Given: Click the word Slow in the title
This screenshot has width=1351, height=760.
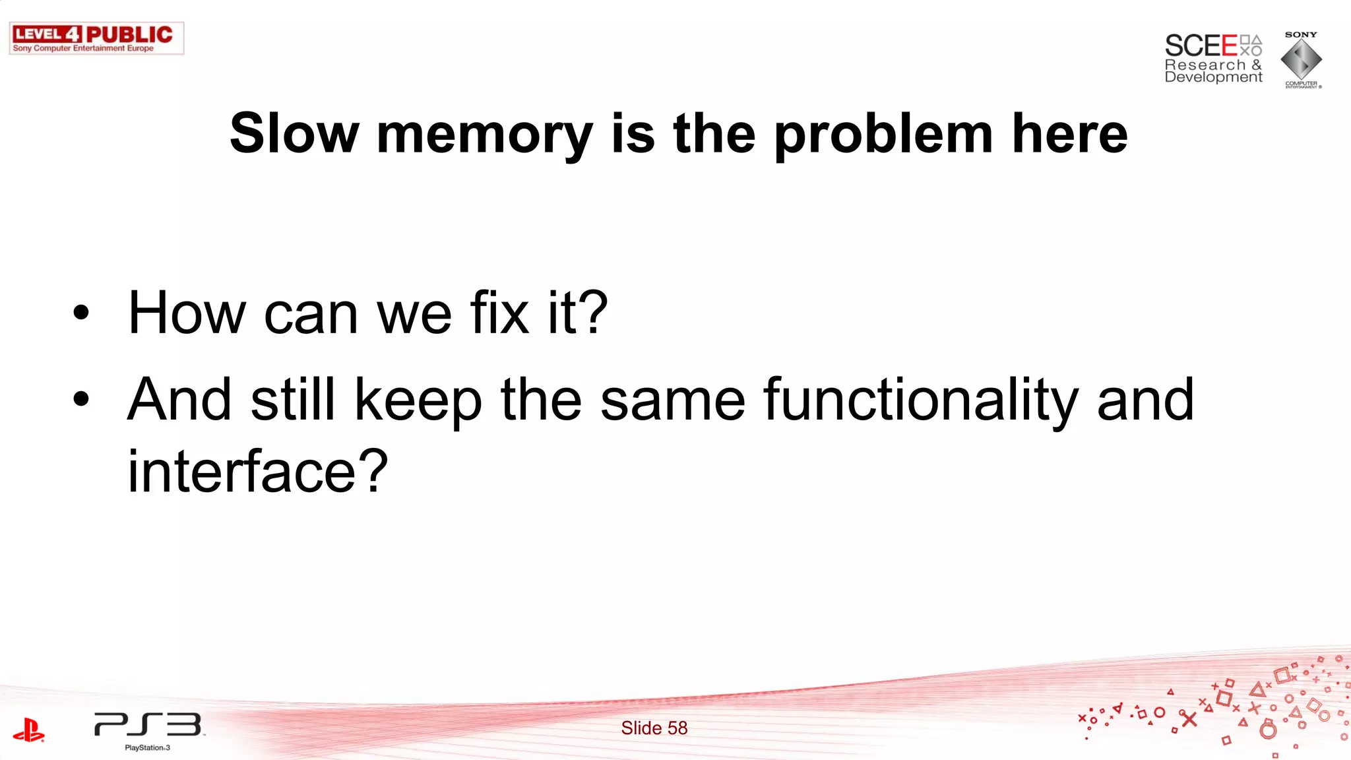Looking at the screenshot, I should point(294,134).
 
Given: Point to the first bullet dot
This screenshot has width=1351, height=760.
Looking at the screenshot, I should point(81,313).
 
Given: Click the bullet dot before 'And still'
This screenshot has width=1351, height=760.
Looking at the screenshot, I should point(81,398).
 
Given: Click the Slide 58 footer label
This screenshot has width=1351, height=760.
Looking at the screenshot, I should point(654,728).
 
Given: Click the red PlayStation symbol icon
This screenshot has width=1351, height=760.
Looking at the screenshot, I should point(28,730).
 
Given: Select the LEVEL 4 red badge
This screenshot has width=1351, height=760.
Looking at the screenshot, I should point(47,34).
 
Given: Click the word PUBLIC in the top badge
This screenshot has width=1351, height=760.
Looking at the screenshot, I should point(129,34).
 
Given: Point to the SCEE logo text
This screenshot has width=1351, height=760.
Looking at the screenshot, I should point(1201,46).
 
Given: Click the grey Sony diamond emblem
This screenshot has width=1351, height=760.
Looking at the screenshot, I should point(1301,60).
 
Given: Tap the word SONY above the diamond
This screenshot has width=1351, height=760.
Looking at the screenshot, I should point(1301,34).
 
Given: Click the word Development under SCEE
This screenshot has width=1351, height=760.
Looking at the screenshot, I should point(1213,77).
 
